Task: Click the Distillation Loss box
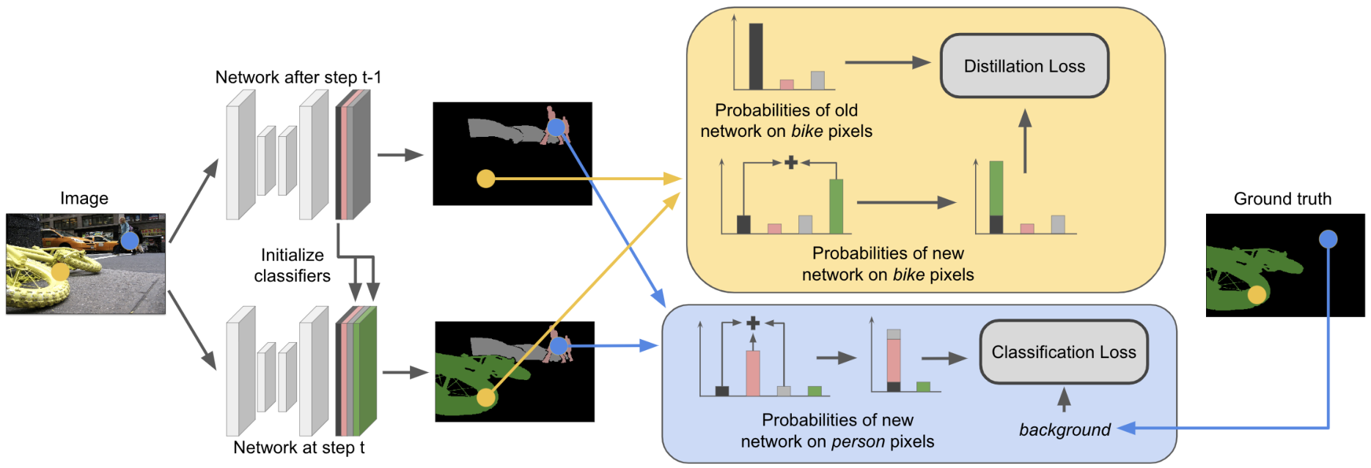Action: point(1024,66)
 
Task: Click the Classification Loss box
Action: point(1064,352)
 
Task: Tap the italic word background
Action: point(1065,430)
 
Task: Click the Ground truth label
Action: point(1282,198)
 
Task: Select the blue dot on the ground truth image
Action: point(1328,239)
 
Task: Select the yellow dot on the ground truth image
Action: point(1257,294)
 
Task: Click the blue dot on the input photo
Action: point(130,240)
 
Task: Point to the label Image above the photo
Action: point(84,198)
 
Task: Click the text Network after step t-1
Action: point(298,77)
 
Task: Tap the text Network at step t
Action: point(299,447)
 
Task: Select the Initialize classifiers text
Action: point(293,265)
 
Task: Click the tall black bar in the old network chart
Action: point(756,56)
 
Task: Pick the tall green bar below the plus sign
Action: point(836,207)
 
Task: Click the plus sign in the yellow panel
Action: point(790,163)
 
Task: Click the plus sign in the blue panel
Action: point(753,323)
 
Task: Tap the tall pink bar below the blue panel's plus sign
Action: point(753,374)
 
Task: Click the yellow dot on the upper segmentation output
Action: point(485,179)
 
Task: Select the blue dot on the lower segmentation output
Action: point(559,346)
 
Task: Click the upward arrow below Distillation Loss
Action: point(1025,141)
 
